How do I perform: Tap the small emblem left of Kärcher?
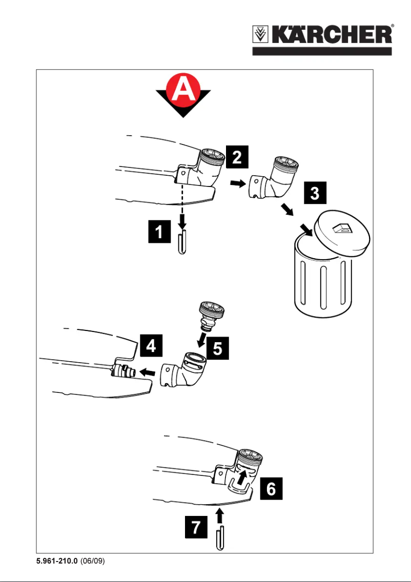pyautogui.click(x=263, y=35)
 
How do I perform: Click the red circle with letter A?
pyautogui.click(x=183, y=92)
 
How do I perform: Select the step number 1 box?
pyautogui.click(x=160, y=233)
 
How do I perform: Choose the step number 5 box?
pyautogui.click(x=217, y=349)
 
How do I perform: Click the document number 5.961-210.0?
pyautogui.click(x=55, y=561)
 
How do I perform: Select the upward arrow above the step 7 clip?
pyautogui.click(x=219, y=513)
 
